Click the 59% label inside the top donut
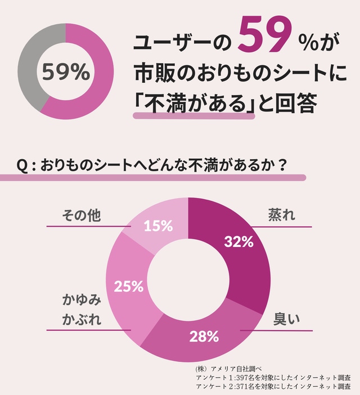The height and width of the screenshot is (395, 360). [x=66, y=72]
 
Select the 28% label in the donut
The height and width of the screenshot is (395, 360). [x=204, y=336]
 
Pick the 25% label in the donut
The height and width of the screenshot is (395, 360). [x=129, y=286]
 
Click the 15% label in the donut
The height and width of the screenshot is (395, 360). [x=158, y=226]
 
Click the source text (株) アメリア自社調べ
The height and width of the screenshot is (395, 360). [x=225, y=368]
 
